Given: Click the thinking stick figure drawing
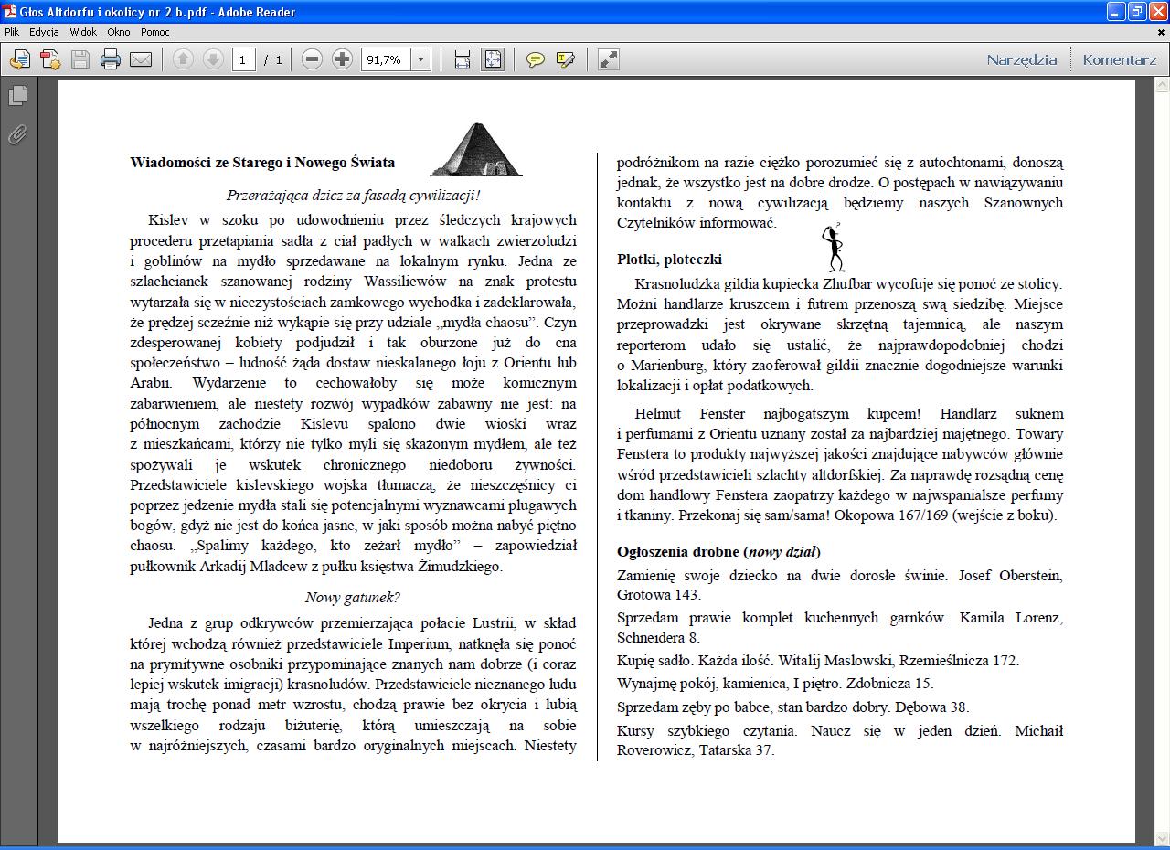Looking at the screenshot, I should coord(834,248).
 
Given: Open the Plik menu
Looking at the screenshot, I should coord(12,32).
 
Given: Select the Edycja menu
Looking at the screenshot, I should coord(44,32).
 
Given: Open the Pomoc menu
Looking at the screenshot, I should coord(155,32).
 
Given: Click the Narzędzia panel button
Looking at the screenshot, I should coord(1021,59).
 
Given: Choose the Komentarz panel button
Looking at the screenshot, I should coord(1119,59).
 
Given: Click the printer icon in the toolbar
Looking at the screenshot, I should coord(111,60).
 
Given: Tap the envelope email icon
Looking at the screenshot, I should coord(141,60).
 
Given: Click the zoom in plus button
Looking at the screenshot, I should coord(342,60).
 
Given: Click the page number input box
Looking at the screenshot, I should coord(243,60).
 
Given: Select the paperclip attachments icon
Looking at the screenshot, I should coord(16,135).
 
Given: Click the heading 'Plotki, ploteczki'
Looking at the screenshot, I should coord(669,260).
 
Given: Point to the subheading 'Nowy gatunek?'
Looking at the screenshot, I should coord(353,598).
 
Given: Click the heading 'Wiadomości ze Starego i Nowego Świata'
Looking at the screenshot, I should coord(262,163).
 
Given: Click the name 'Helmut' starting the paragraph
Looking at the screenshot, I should coord(658,414).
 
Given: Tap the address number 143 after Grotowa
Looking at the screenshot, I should coord(686,595).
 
